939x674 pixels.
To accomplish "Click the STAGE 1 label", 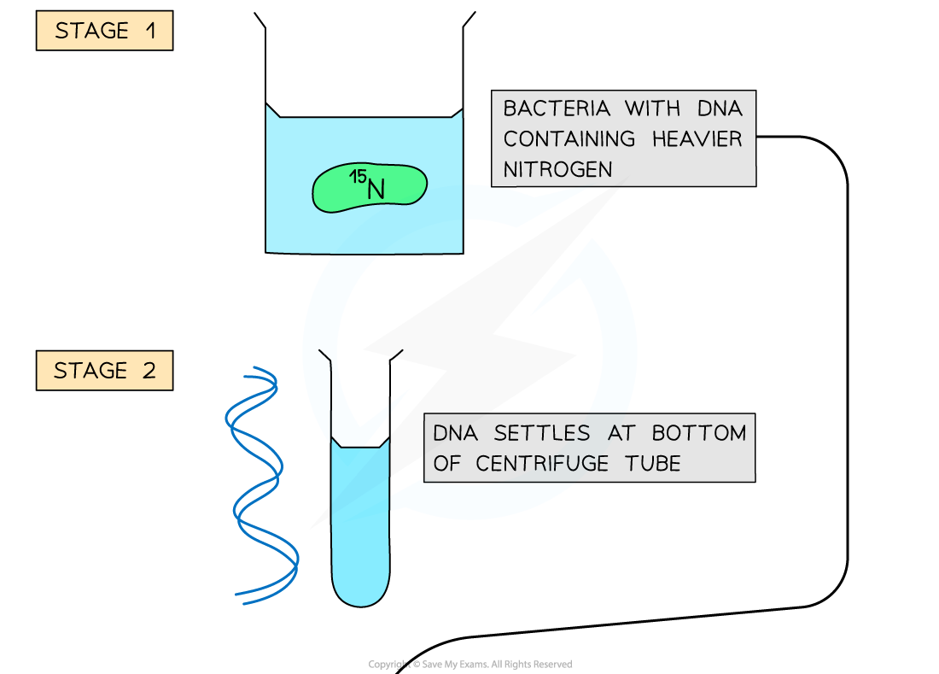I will pyautogui.click(x=104, y=31).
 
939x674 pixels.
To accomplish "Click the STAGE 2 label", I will pyautogui.click(x=104, y=371).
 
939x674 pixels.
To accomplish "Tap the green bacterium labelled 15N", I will pyautogui.click(x=369, y=188).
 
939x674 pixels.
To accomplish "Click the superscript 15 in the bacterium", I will pyautogui.click(x=356, y=177).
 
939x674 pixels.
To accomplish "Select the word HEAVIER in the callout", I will pyautogui.click(x=697, y=138).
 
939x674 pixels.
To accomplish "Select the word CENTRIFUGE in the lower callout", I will pyautogui.click(x=552, y=463).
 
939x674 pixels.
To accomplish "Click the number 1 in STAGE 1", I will pyautogui.click(x=150, y=31).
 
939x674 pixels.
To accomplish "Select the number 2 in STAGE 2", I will pyautogui.click(x=149, y=371).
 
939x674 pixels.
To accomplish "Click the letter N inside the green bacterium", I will pyautogui.click(x=376, y=190).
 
